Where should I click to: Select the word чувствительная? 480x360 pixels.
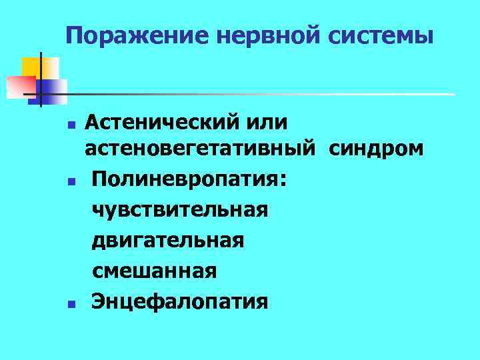point(181,209)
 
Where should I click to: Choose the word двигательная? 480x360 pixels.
point(168,240)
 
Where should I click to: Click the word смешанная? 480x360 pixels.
point(155,271)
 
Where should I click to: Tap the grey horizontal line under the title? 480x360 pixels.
point(267,94)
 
